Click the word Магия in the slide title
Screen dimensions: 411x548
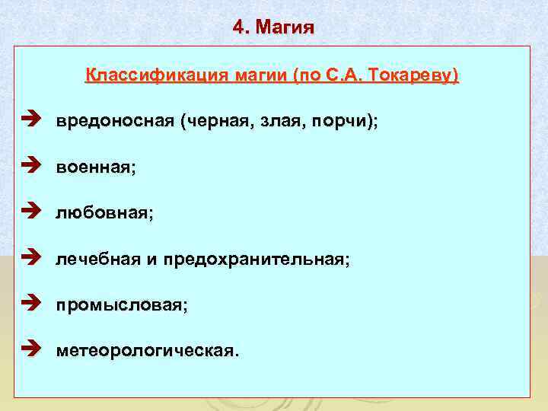(x=285, y=28)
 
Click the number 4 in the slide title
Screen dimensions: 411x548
(x=239, y=28)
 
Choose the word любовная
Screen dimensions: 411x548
(x=101, y=214)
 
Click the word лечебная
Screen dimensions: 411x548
(x=97, y=260)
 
